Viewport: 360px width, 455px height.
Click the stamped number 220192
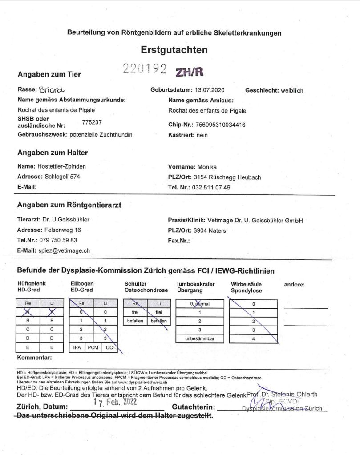145,69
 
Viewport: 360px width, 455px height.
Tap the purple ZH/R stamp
190,72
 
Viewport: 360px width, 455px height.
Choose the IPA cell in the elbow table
77,347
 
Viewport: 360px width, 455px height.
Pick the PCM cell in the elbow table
93,347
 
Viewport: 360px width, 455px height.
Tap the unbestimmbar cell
199,338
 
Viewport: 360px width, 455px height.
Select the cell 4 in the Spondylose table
253,338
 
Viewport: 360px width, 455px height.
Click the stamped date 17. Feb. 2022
114,402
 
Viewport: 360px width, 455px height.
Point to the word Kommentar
35,357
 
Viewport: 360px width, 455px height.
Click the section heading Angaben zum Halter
53,153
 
